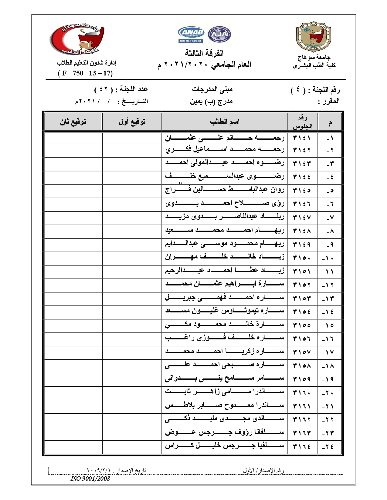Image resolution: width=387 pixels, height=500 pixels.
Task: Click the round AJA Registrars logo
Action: [219, 34]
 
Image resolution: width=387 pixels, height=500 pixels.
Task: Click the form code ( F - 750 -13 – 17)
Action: [85, 73]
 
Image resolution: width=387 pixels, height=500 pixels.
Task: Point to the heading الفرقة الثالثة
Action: [204, 53]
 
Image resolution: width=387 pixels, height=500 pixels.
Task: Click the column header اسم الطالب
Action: [225, 122]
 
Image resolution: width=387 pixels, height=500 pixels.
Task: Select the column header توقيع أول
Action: [132, 122]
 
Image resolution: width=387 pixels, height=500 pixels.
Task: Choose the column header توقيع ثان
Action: [73, 122]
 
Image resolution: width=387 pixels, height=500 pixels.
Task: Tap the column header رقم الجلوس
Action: [302, 122]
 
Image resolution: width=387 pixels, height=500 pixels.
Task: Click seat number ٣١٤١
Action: [302, 138]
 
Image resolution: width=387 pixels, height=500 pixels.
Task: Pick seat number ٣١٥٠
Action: [302, 258]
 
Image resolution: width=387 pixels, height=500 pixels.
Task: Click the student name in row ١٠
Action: [225, 257]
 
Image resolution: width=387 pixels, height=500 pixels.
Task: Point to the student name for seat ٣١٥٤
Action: [225, 311]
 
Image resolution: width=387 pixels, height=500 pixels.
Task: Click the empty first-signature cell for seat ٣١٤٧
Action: [132, 217]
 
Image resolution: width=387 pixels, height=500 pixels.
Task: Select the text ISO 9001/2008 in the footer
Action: [90, 479]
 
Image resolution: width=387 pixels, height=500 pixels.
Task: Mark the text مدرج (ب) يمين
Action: [211, 101]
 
